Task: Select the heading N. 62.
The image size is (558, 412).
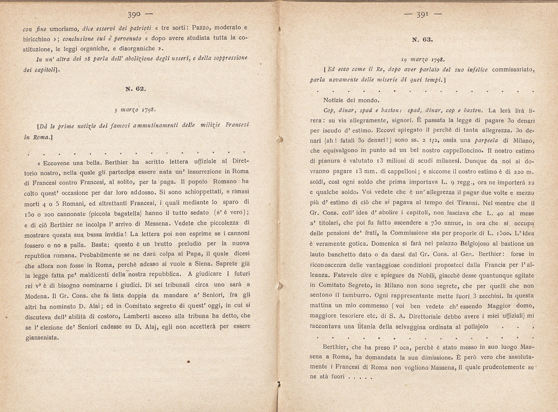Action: (136, 89)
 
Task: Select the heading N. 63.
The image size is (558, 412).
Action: (422, 40)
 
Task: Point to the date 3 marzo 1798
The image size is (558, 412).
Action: (135, 110)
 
